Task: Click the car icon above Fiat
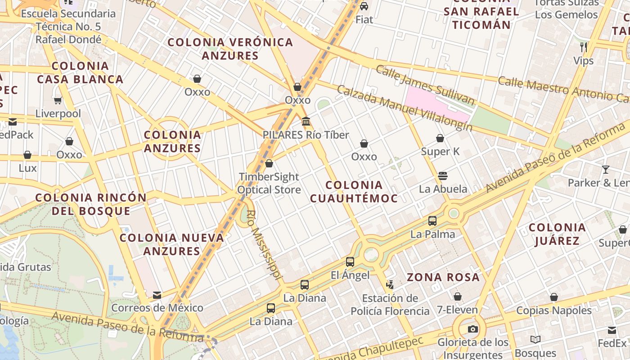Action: pyautogui.click(x=364, y=6)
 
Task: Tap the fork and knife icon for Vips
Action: pyautogui.click(x=584, y=47)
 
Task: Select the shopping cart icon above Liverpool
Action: pyautogui.click(x=58, y=100)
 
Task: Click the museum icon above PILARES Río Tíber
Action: pyautogui.click(x=306, y=121)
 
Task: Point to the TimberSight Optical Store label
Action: pyautogui.click(x=269, y=183)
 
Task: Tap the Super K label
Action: pyautogui.click(x=440, y=152)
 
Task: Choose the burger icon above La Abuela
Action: pyautogui.click(x=443, y=175)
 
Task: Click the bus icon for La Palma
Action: pyautogui.click(x=432, y=220)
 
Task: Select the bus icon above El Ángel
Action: pyautogui.click(x=350, y=261)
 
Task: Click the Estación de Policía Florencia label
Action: pyautogui.click(x=390, y=305)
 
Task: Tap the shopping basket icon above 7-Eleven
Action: pyautogui.click(x=457, y=297)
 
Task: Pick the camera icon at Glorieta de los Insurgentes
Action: pyautogui.click(x=472, y=329)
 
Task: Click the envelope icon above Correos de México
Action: pyautogui.click(x=157, y=295)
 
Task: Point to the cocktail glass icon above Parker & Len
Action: pyautogui.click(x=606, y=169)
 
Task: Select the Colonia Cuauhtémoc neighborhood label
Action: pyautogui.click(x=354, y=192)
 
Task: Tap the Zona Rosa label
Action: pyautogui.click(x=443, y=277)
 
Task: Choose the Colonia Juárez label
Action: pyautogui.click(x=557, y=234)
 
